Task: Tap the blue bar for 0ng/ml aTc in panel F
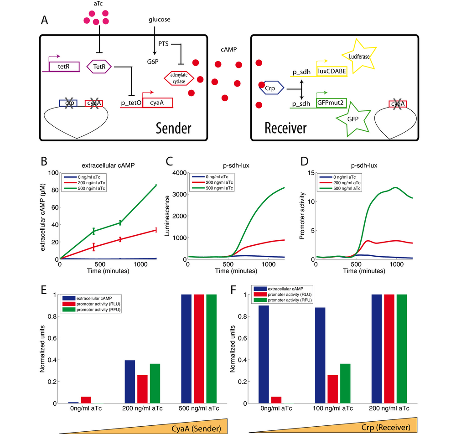coord(264,354)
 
